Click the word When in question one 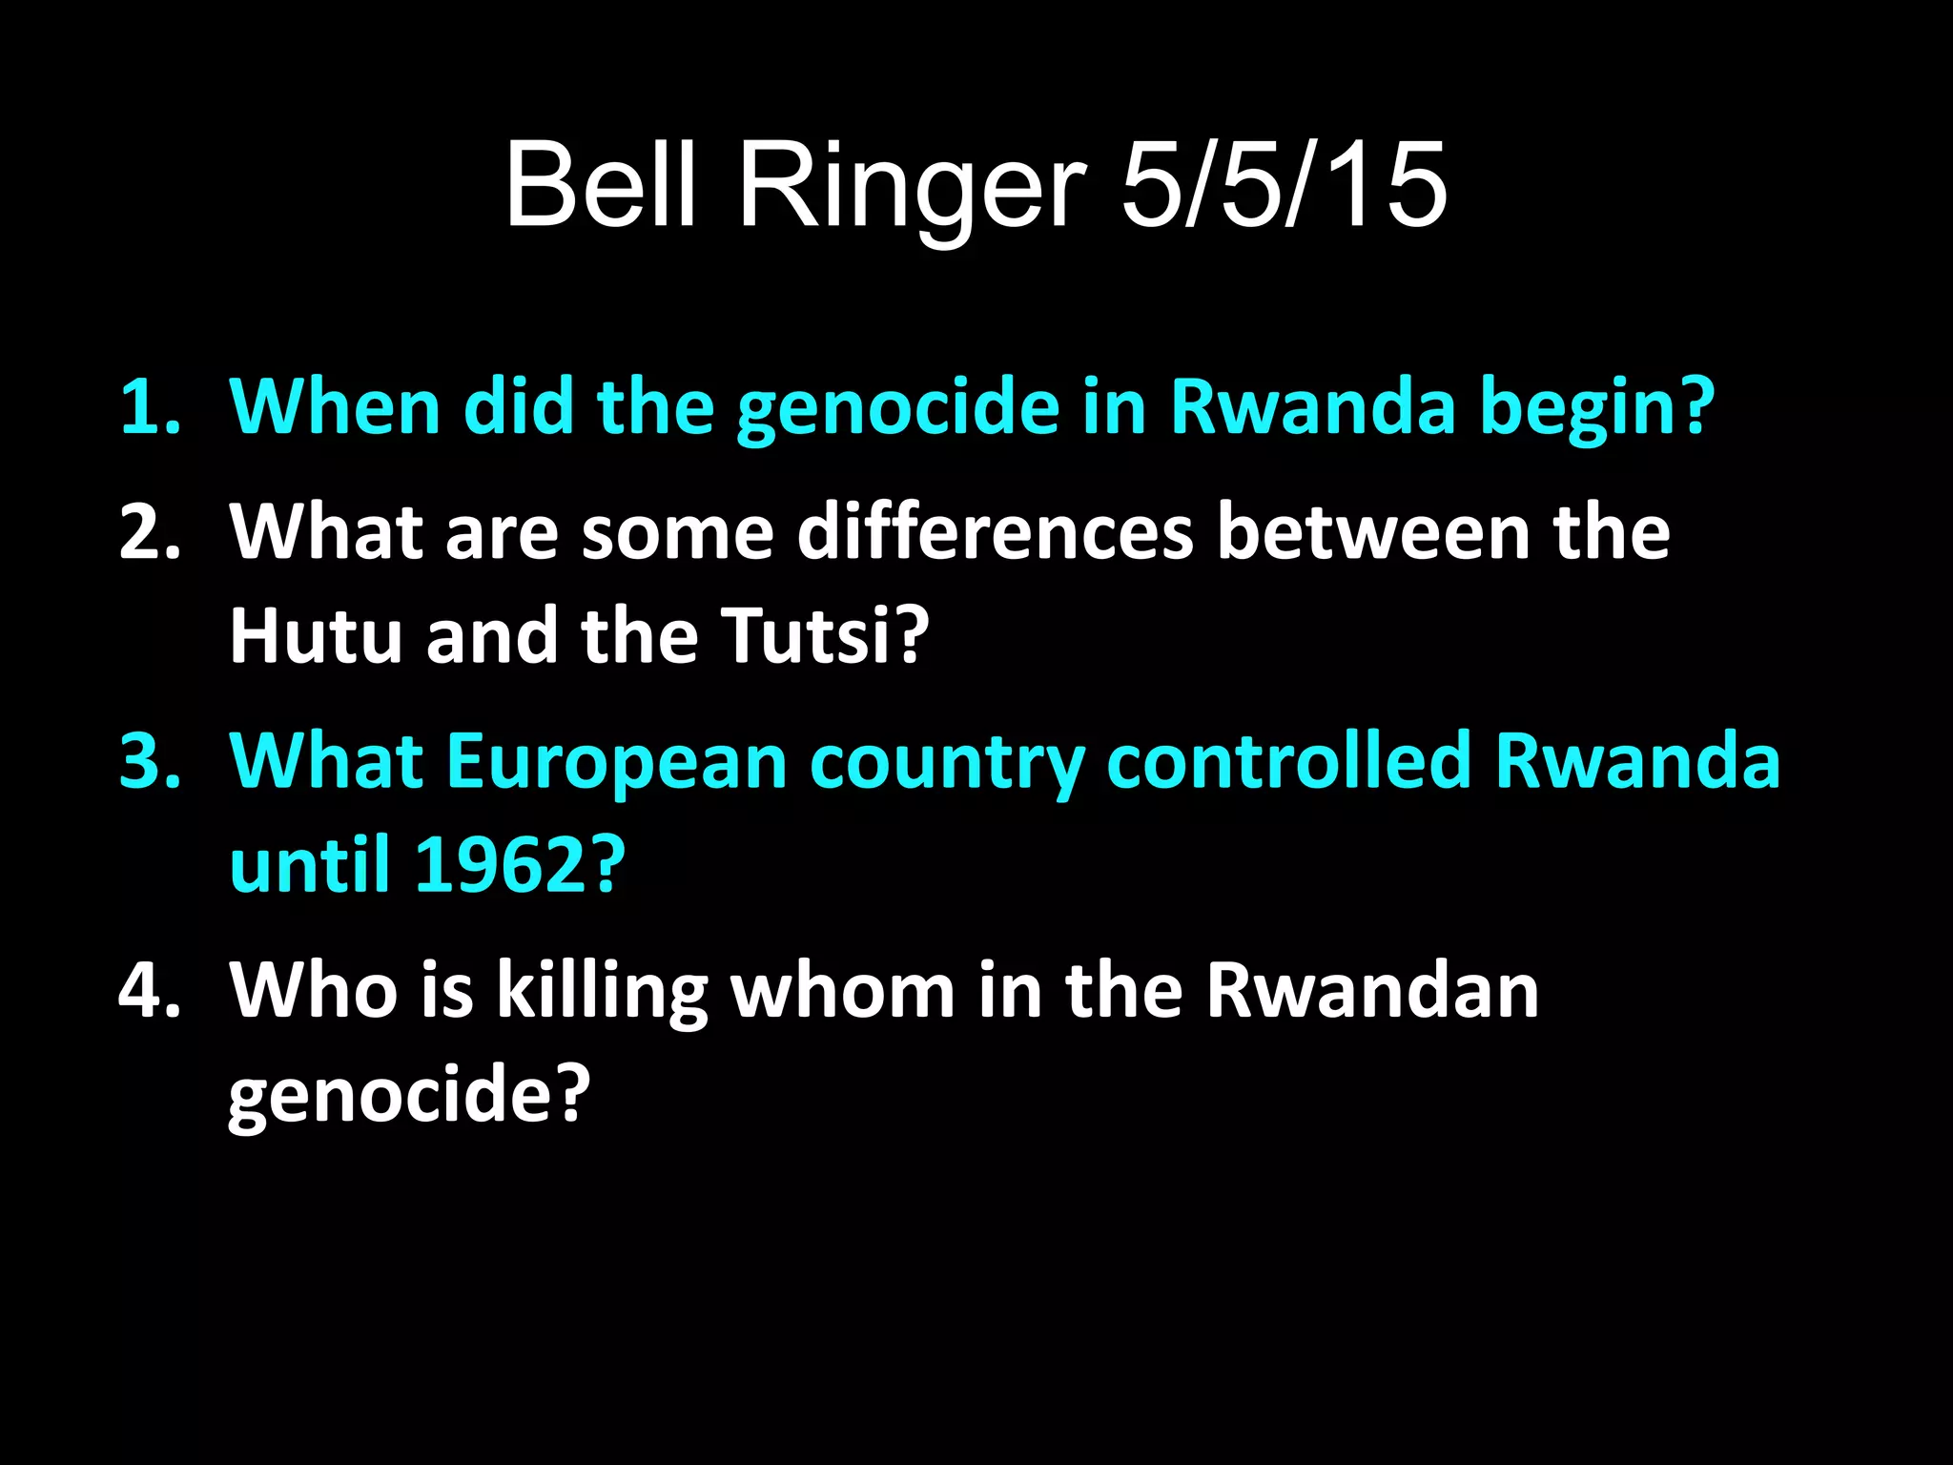[335, 407]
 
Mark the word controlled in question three [1288, 761]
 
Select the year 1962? [521, 864]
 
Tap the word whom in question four [843, 989]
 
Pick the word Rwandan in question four [1372, 989]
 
